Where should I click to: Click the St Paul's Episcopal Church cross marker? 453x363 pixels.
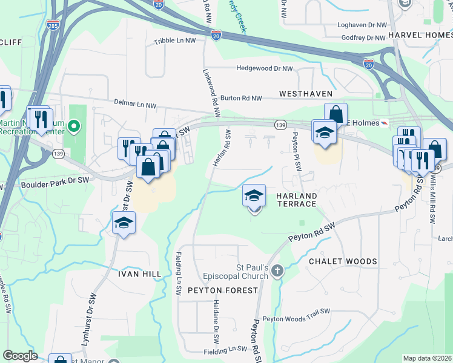(x=277, y=270)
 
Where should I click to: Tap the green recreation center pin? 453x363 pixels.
(x=74, y=126)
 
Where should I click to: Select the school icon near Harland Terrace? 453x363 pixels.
(x=254, y=195)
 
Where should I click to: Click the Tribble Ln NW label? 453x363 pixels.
(x=175, y=41)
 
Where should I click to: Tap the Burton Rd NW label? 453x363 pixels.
(x=241, y=97)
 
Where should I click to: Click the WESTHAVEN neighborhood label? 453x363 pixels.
(x=306, y=94)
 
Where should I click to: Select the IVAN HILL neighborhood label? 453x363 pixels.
(x=139, y=273)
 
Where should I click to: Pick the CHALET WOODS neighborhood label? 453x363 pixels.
(x=343, y=261)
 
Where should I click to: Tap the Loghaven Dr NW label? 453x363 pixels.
(x=363, y=25)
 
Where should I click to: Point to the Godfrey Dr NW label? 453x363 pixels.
(x=363, y=37)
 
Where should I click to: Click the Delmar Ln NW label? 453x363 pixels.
(x=134, y=105)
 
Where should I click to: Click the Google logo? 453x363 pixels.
(x=21, y=356)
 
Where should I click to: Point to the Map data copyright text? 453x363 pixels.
(x=426, y=358)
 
